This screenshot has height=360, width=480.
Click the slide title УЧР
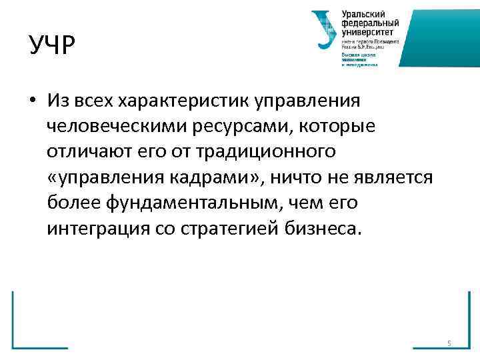coord(53,46)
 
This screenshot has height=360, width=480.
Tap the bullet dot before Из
coord(31,101)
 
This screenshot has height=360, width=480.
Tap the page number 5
coord(449,343)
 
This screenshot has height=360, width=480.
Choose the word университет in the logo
coord(367,31)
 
